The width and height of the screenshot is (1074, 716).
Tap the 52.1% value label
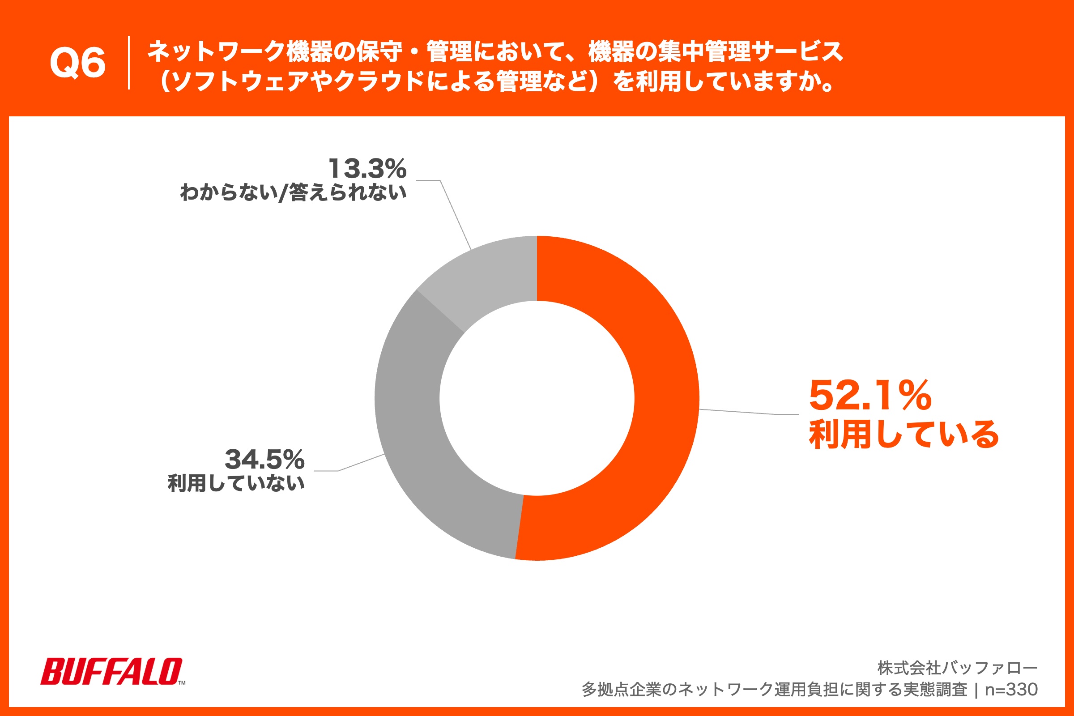coord(870,396)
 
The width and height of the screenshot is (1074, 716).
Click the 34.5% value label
coord(264,460)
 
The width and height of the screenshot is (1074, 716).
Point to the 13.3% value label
coord(367,169)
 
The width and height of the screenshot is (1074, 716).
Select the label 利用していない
coord(236,483)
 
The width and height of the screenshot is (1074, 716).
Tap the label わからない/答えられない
coord(293,192)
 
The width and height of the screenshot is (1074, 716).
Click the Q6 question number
coord(77,63)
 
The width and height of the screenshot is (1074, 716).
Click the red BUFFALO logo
coord(112,671)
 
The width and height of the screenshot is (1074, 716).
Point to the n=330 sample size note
coord(1011,690)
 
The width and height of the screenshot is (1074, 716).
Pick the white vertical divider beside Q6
coord(129,63)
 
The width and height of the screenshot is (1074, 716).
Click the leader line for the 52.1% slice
coord(749,413)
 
